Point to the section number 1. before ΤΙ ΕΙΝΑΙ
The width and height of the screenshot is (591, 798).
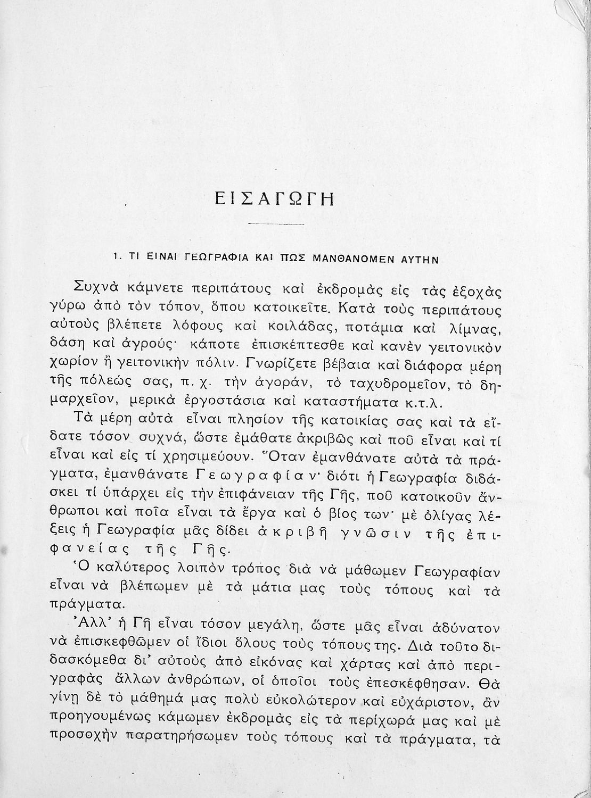[x=117, y=259]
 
